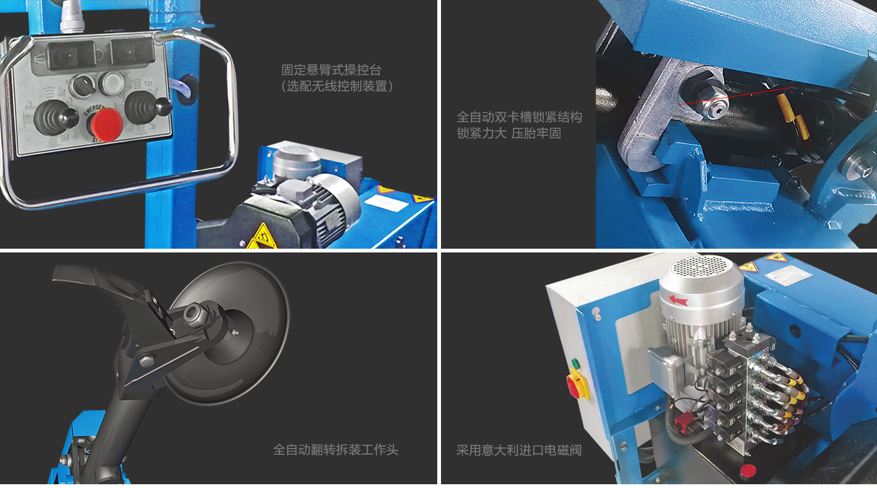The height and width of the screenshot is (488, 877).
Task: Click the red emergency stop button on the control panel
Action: pyautogui.click(x=106, y=125)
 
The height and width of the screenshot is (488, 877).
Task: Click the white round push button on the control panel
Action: pyautogui.click(x=112, y=83)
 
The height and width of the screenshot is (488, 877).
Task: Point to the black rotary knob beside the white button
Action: pyautogui.click(x=83, y=86)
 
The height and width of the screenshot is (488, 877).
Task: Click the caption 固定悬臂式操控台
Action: pyautogui.click(x=331, y=70)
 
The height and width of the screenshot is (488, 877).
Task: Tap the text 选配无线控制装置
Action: pyautogui.click(x=337, y=86)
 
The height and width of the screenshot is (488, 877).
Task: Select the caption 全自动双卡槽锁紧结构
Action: pyautogui.click(x=519, y=117)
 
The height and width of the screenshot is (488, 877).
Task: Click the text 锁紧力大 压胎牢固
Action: pyautogui.click(x=509, y=133)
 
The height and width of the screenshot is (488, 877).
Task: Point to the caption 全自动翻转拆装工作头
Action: pyautogui.click(x=336, y=450)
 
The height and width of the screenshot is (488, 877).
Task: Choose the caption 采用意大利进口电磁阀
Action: pyautogui.click(x=519, y=450)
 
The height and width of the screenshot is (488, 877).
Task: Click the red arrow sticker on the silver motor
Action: pyautogui.click(x=678, y=301)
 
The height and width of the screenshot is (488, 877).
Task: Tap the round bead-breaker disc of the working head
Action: pyautogui.click(x=235, y=333)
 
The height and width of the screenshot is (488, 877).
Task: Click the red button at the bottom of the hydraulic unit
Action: pyautogui.click(x=747, y=470)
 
